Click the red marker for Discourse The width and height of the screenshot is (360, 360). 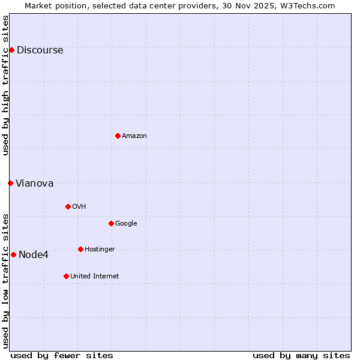(x=11, y=50)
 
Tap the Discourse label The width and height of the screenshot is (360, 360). (x=40, y=50)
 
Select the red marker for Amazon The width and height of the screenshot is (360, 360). (x=118, y=136)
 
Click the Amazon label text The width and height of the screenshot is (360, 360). (x=134, y=136)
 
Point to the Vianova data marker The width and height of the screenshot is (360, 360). (x=10, y=183)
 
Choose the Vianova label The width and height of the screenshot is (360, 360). (x=34, y=184)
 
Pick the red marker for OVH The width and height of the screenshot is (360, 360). (x=68, y=206)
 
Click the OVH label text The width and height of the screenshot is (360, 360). (x=79, y=207)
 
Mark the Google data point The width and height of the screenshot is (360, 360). (x=111, y=223)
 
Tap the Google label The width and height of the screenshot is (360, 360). (x=126, y=224)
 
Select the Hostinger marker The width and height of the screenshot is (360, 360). (x=80, y=249)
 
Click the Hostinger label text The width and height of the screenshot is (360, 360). (x=100, y=250)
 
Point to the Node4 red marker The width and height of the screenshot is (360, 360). (x=13, y=254)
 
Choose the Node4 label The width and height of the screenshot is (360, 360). (x=33, y=255)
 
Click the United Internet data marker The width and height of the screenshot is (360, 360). (x=66, y=276)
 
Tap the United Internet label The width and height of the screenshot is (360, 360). (x=94, y=277)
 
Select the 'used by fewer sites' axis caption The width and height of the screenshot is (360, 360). (x=62, y=355)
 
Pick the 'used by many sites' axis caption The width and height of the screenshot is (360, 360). (x=301, y=355)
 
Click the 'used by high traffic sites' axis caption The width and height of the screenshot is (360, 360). (x=5, y=85)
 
